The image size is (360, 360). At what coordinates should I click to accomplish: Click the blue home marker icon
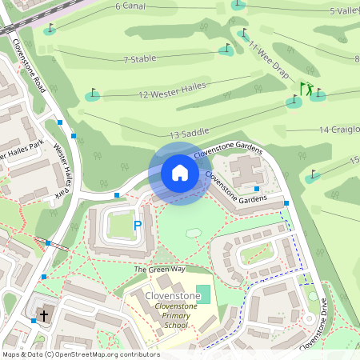pyautogui.click(x=180, y=173)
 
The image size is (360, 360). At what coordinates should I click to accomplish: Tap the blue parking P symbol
pyautogui.click(x=137, y=226)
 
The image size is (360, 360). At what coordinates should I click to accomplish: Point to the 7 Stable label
pyautogui.click(x=139, y=59)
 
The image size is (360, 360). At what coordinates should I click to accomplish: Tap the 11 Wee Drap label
pyautogui.click(x=268, y=56)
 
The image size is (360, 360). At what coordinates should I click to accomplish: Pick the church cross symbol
pyautogui.click(x=45, y=316)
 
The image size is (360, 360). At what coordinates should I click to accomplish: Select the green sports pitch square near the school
pyautogui.click(x=203, y=294)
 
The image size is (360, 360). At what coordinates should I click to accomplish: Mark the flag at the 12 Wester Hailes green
pyautogui.click(x=94, y=94)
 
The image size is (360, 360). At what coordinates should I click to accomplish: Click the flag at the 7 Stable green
pyautogui.click(x=226, y=48)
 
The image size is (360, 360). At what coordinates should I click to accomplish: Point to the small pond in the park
pyautogui.click(x=193, y=233)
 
